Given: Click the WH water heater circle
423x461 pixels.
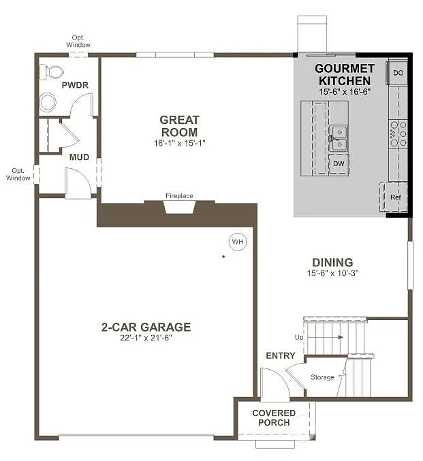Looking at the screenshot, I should (238, 241).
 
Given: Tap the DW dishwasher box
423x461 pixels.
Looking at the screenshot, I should (338, 164).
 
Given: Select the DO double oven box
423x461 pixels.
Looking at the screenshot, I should (398, 72).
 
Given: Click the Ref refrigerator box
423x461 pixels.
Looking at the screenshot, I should (395, 197).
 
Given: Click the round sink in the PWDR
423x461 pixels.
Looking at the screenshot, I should (48, 103).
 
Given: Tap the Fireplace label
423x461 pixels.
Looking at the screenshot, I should (179, 196).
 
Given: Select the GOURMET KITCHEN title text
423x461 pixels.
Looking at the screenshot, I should (344, 74).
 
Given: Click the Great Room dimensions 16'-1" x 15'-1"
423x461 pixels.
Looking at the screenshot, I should (179, 143).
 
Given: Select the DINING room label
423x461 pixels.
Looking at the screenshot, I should (332, 262).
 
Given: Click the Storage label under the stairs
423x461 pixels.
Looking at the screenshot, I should (322, 377).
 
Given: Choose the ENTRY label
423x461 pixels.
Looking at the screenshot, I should (280, 355).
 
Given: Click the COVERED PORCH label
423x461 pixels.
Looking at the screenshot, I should (274, 418).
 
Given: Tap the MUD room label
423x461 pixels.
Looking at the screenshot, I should (79, 157).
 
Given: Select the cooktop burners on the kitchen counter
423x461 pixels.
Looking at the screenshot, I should (398, 134).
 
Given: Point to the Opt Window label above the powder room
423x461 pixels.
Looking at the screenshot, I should (78, 41).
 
